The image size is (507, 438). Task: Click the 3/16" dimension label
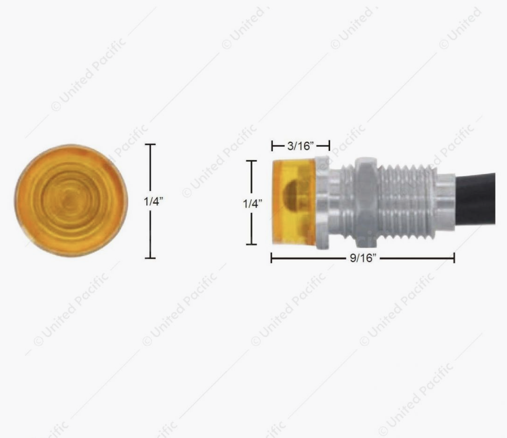301,146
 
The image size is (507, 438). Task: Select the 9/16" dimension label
363,258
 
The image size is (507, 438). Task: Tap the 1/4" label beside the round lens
153,202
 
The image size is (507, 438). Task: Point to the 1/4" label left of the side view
252,203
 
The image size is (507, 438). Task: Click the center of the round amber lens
71,201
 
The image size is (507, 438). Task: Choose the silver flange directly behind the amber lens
323,203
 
